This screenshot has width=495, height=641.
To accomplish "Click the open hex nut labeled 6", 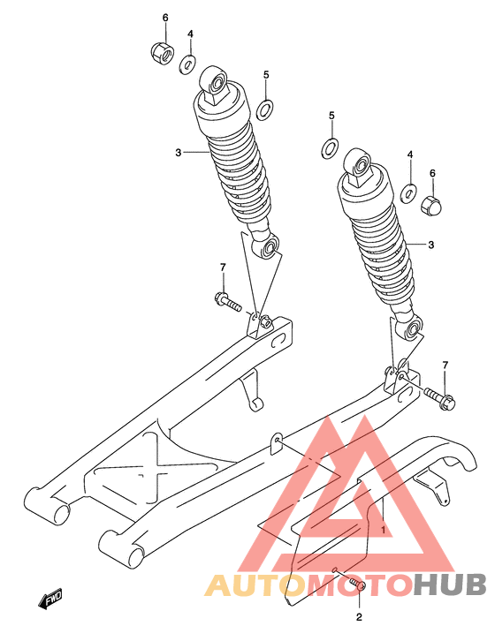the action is click(x=162, y=52).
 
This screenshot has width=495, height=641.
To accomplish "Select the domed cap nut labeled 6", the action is click(x=430, y=203).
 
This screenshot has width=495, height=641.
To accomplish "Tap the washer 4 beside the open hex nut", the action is click(x=188, y=64).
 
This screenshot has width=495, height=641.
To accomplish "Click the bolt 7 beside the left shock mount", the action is click(x=228, y=302).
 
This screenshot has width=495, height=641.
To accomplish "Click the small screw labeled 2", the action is click(x=356, y=584).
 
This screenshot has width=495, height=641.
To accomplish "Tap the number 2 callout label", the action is click(x=359, y=617).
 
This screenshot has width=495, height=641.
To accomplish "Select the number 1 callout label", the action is click(x=384, y=531).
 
